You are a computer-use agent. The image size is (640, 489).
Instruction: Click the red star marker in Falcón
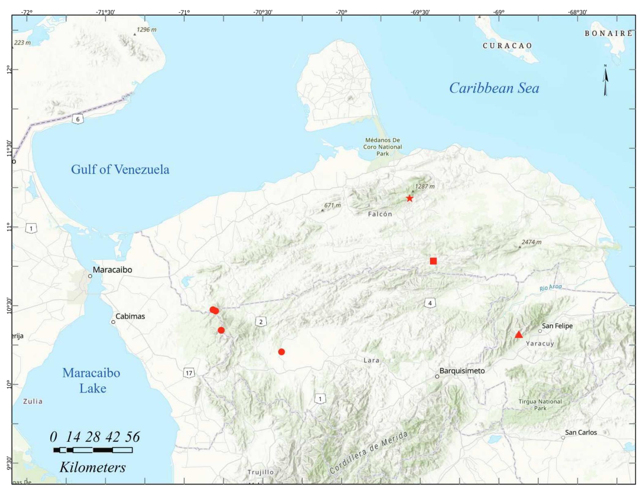[x=410, y=198]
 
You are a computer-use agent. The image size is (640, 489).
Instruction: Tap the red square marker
[x=433, y=261]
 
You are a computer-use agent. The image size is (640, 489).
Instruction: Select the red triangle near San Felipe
[x=519, y=335]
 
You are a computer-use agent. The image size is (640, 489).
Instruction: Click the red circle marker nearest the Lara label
[x=281, y=352]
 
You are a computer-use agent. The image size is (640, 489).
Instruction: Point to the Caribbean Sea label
[x=494, y=88]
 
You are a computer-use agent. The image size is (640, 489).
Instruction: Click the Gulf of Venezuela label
[x=120, y=170]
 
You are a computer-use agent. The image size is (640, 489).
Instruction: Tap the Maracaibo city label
[x=112, y=270]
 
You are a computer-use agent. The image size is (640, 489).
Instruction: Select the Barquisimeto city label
[x=462, y=371]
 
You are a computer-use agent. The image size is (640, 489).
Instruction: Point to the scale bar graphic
[x=93, y=450]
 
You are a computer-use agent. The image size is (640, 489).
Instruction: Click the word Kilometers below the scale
[x=93, y=467]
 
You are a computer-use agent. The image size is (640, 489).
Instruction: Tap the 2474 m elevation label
[x=531, y=242]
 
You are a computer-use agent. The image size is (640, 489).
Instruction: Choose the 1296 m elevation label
[x=146, y=30]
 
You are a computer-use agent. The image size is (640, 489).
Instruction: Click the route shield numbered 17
[x=189, y=373]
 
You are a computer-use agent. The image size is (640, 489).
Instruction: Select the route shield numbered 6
[x=78, y=119]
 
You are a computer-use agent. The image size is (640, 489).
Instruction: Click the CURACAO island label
[x=508, y=46]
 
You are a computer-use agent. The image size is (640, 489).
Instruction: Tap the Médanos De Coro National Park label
[x=382, y=147]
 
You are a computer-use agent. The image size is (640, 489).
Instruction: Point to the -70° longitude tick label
[x=341, y=12]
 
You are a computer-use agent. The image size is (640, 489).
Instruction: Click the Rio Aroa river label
[x=550, y=287]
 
